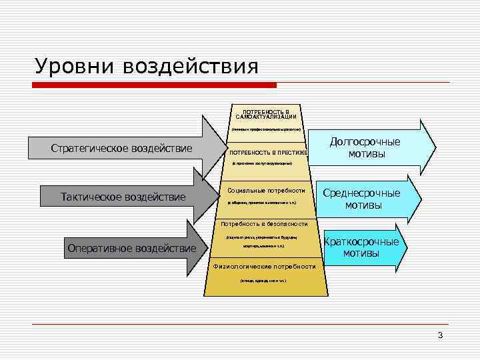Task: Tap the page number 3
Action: (x=440, y=335)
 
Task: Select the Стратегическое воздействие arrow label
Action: (x=121, y=148)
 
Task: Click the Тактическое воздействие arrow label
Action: (x=123, y=197)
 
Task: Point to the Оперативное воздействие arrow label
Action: (x=132, y=249)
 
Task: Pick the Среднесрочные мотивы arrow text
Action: (x=363, y=199)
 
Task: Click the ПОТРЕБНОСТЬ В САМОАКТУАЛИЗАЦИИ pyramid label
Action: (x=266, y=114)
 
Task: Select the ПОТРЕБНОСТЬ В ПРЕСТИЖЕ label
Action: (x=268, y=152)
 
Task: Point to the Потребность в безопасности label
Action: (x=264, y=224)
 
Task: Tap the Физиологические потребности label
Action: (x=264, y=267)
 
